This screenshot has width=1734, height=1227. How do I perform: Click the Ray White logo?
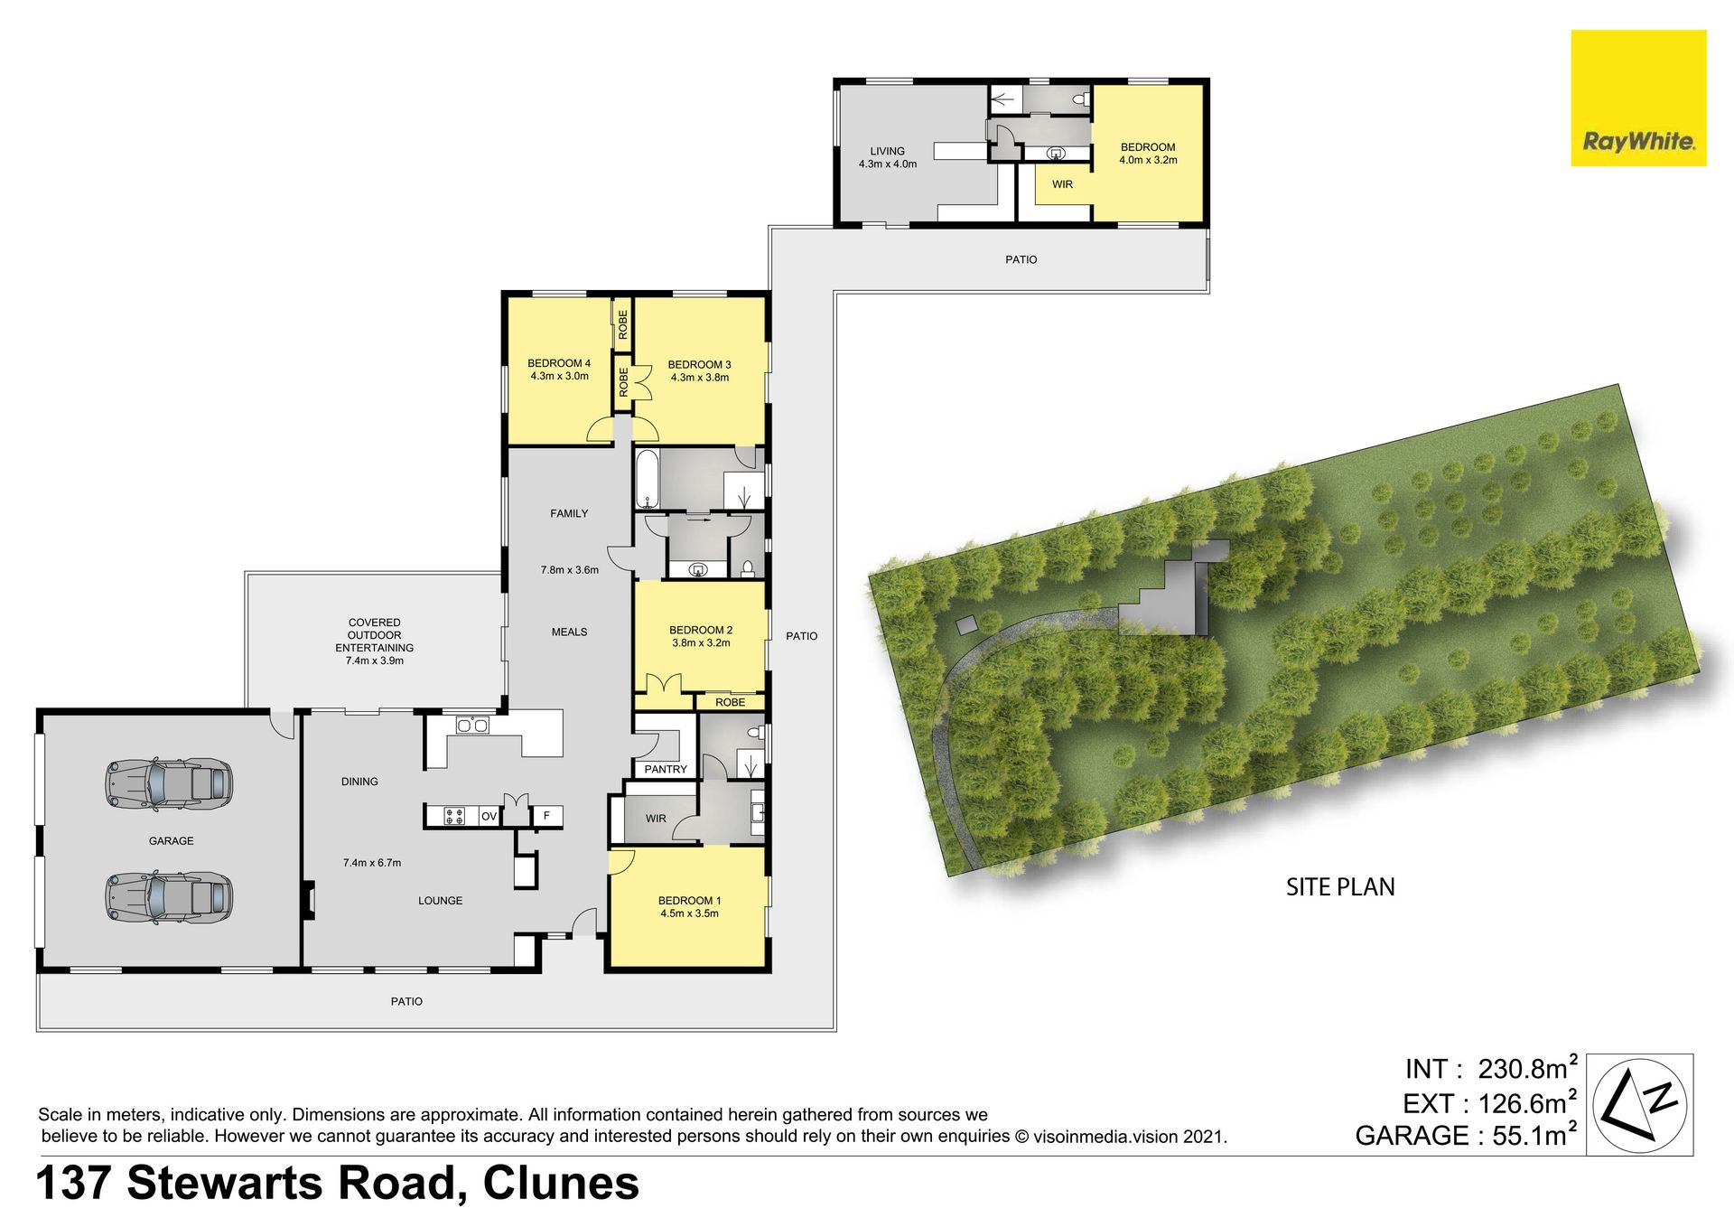point(1638,98)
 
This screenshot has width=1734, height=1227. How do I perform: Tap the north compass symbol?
point(1639,1104)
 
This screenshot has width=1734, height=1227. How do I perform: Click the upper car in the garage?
point(169,782)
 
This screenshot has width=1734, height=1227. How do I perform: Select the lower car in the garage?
point(169,897)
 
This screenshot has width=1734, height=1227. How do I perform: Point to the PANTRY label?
point(666,769)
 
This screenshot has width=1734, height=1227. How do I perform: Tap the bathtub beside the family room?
point(647,479)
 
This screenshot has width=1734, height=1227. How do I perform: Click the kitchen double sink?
point(472,725)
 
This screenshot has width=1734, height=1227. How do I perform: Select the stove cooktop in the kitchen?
point(453,816)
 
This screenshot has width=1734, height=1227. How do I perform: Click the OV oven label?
point(489,816)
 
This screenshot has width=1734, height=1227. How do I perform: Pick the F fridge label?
point(546,816)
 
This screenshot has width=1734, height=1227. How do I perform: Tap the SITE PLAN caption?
point(1340,887)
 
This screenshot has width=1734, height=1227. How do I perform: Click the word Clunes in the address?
point(561,1184)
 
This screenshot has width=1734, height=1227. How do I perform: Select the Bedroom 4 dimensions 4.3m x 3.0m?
point(559,376)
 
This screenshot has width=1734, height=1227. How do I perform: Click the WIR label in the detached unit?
point(1062,184)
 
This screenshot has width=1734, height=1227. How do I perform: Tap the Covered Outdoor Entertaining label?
point(375,642)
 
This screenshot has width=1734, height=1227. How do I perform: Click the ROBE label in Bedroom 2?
point(731,702)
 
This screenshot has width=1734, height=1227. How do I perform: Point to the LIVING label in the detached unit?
point(887,151)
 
